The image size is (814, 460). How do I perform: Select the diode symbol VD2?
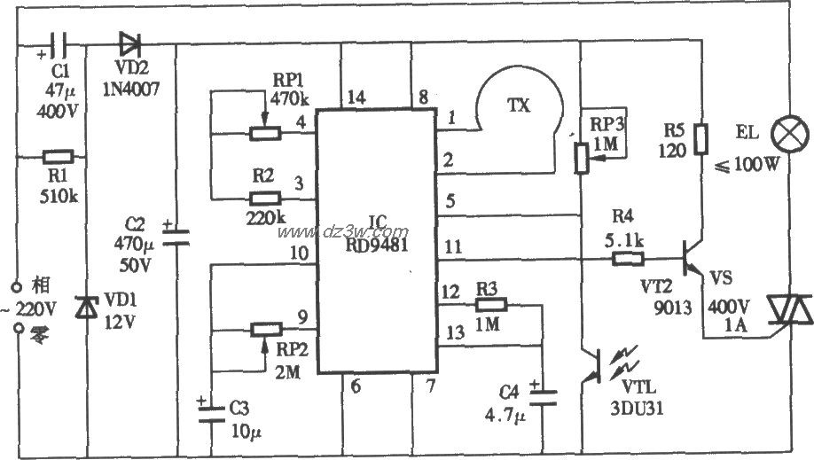(129, 41)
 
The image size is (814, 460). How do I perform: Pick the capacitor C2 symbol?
(177, 235)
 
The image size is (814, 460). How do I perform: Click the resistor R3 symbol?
(489, 304)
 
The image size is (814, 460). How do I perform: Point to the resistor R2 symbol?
(265, 199)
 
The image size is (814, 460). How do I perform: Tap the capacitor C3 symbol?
(209, 415)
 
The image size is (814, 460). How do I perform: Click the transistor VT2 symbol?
(693, 262)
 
